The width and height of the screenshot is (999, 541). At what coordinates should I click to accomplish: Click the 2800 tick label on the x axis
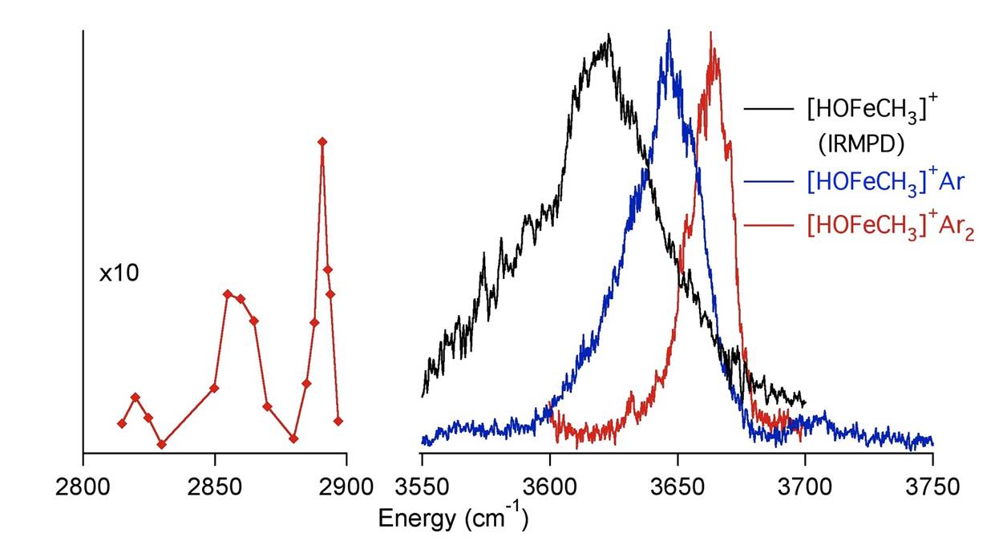[x=83, y=487]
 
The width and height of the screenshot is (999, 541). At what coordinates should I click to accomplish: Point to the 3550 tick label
[x=422, y=487]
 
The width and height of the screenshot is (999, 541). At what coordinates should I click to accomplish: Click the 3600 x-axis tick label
[x=549, y=487]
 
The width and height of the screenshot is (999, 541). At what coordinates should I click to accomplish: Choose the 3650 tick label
[x=677, y=487]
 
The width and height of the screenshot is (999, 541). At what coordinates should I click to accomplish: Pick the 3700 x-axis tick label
[x=805, y=487]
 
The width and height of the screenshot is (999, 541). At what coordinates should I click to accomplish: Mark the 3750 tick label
[x=932, y=487]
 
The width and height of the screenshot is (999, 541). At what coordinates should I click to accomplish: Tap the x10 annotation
[x=119, y=274]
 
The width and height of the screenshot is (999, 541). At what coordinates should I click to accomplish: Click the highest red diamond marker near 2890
[x=322, y=142]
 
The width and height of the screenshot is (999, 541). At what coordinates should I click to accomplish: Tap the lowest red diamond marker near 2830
[x=162, y=444]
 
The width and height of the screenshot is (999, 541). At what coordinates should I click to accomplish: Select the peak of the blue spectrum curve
[x=669, y=32]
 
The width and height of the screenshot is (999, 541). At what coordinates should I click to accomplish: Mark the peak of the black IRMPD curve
[x=609, y=36]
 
